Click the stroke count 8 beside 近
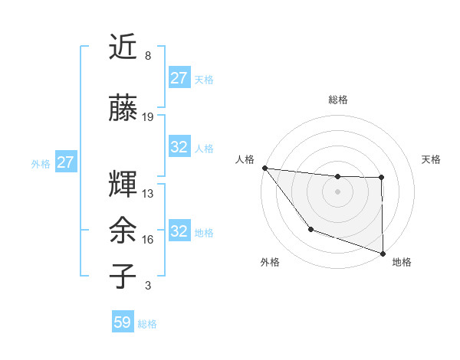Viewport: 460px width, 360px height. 147,56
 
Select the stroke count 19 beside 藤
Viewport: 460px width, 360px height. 148,116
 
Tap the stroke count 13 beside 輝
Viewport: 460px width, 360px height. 148,193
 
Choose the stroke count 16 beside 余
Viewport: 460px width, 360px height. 148,240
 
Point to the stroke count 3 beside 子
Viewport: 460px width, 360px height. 147,286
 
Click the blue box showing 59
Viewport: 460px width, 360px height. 123,322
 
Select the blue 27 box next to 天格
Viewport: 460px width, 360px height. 179,77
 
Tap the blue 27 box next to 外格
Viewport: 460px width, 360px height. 65,162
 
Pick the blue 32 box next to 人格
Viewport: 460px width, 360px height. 179,147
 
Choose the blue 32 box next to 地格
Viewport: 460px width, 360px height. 179,231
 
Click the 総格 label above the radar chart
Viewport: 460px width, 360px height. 338,100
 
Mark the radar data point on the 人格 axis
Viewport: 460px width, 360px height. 264,168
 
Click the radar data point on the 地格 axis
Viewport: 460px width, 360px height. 383,253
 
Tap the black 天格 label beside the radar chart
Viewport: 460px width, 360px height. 432,159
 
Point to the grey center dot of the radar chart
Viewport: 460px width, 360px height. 338,191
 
